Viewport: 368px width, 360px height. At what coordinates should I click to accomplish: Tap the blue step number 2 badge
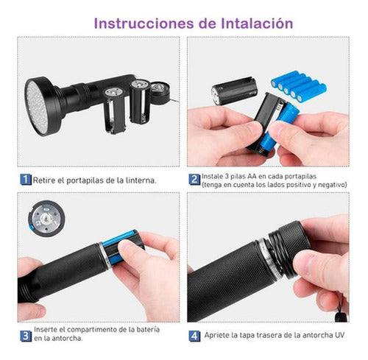(x=194, y=179)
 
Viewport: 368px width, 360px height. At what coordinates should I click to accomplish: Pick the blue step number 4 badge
(x=194, y=336)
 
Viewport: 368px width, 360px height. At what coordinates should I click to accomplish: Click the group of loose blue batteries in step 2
(x=297, y=85)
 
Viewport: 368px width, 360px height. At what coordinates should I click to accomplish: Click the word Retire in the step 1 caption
(x=46, y=179)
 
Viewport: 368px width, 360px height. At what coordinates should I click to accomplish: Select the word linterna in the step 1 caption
(x=139, y=179)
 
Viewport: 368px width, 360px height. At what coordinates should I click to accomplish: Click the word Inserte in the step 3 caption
(x=46, y=332)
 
